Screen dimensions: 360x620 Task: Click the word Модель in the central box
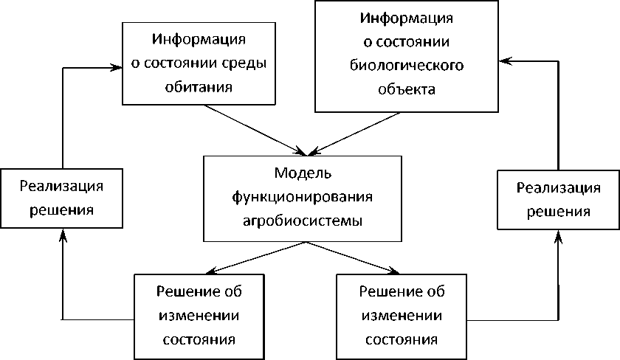(303, 173)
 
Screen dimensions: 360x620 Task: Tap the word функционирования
(303, 197)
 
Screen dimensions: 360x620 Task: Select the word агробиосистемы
(303, 220)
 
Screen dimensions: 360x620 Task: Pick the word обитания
(199, 87)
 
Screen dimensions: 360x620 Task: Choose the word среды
(245, 63)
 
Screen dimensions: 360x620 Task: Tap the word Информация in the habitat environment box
(199, 38)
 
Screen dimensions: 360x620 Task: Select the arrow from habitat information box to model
(255, 129)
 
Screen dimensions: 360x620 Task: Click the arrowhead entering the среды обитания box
(116, 67)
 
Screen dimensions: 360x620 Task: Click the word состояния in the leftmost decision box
(199, 340)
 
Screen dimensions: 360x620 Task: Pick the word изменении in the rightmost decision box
(401, 316)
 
